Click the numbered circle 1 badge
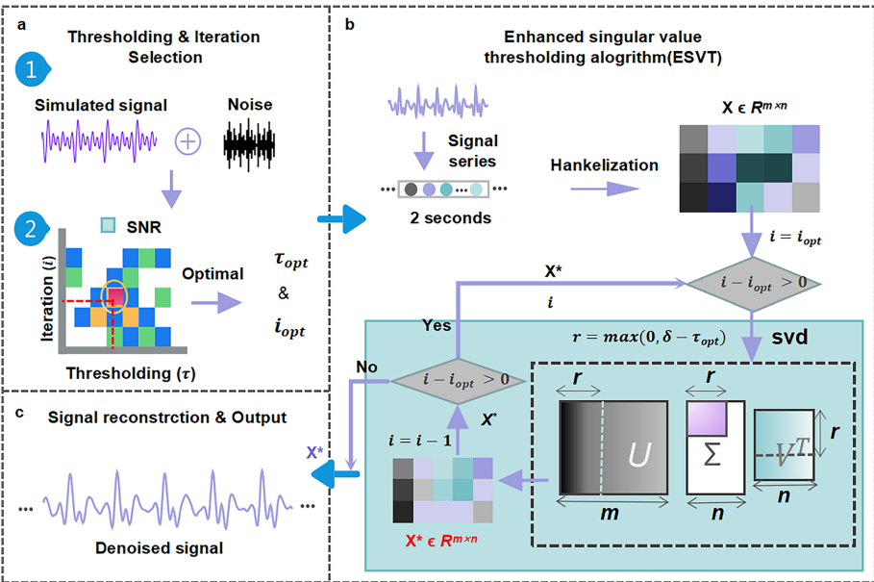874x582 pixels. (x=32, y=71)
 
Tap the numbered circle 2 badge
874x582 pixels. (x=32, y=230)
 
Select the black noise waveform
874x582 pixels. (x=257, y=142)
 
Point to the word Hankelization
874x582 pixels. (x=604, y=165)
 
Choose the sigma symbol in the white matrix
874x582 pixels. (x=712, y=455)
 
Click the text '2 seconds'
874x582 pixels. (x=450, y=218)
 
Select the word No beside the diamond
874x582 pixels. (x=366, y=367)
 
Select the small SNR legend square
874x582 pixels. (x=109, y=227)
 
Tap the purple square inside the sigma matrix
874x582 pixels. (x=706, y=419)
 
